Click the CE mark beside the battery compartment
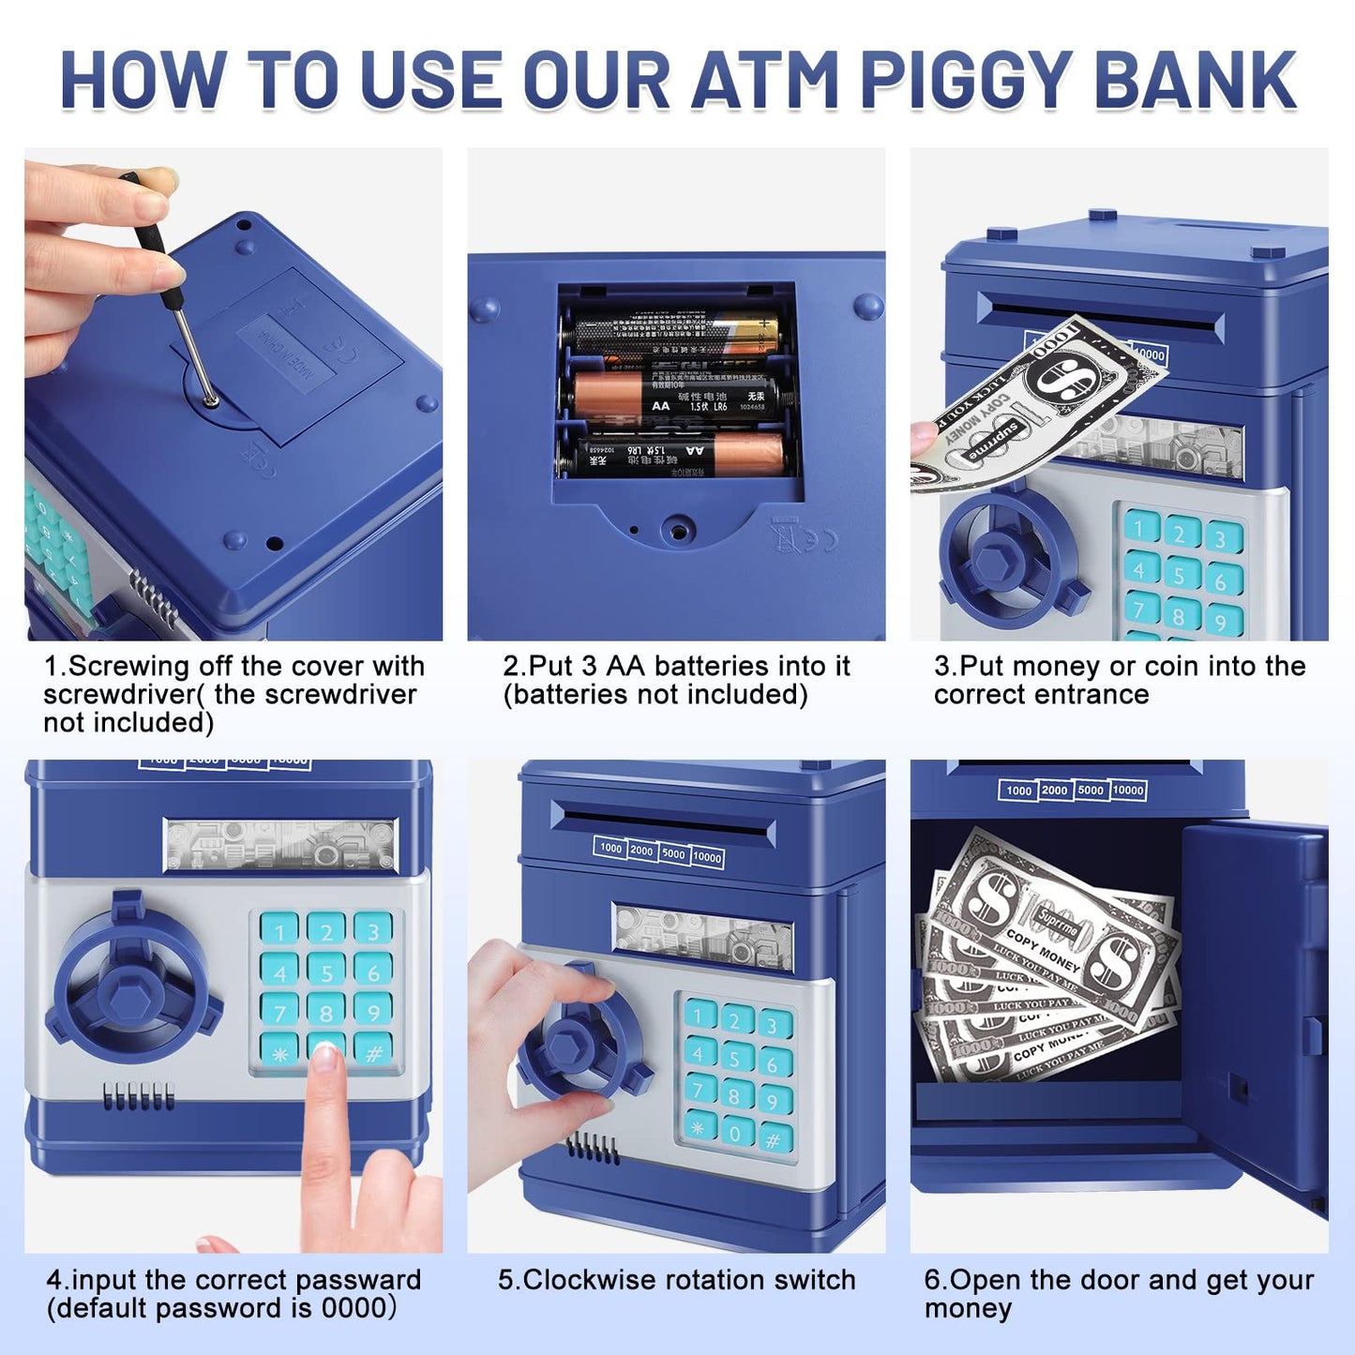click(x=813, y=541)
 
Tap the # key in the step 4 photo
click(x=373, y=1052)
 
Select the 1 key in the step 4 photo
click(x=279, y=930)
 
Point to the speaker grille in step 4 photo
click(x=138, y=1096)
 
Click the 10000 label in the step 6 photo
click(x=1128, y=790)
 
